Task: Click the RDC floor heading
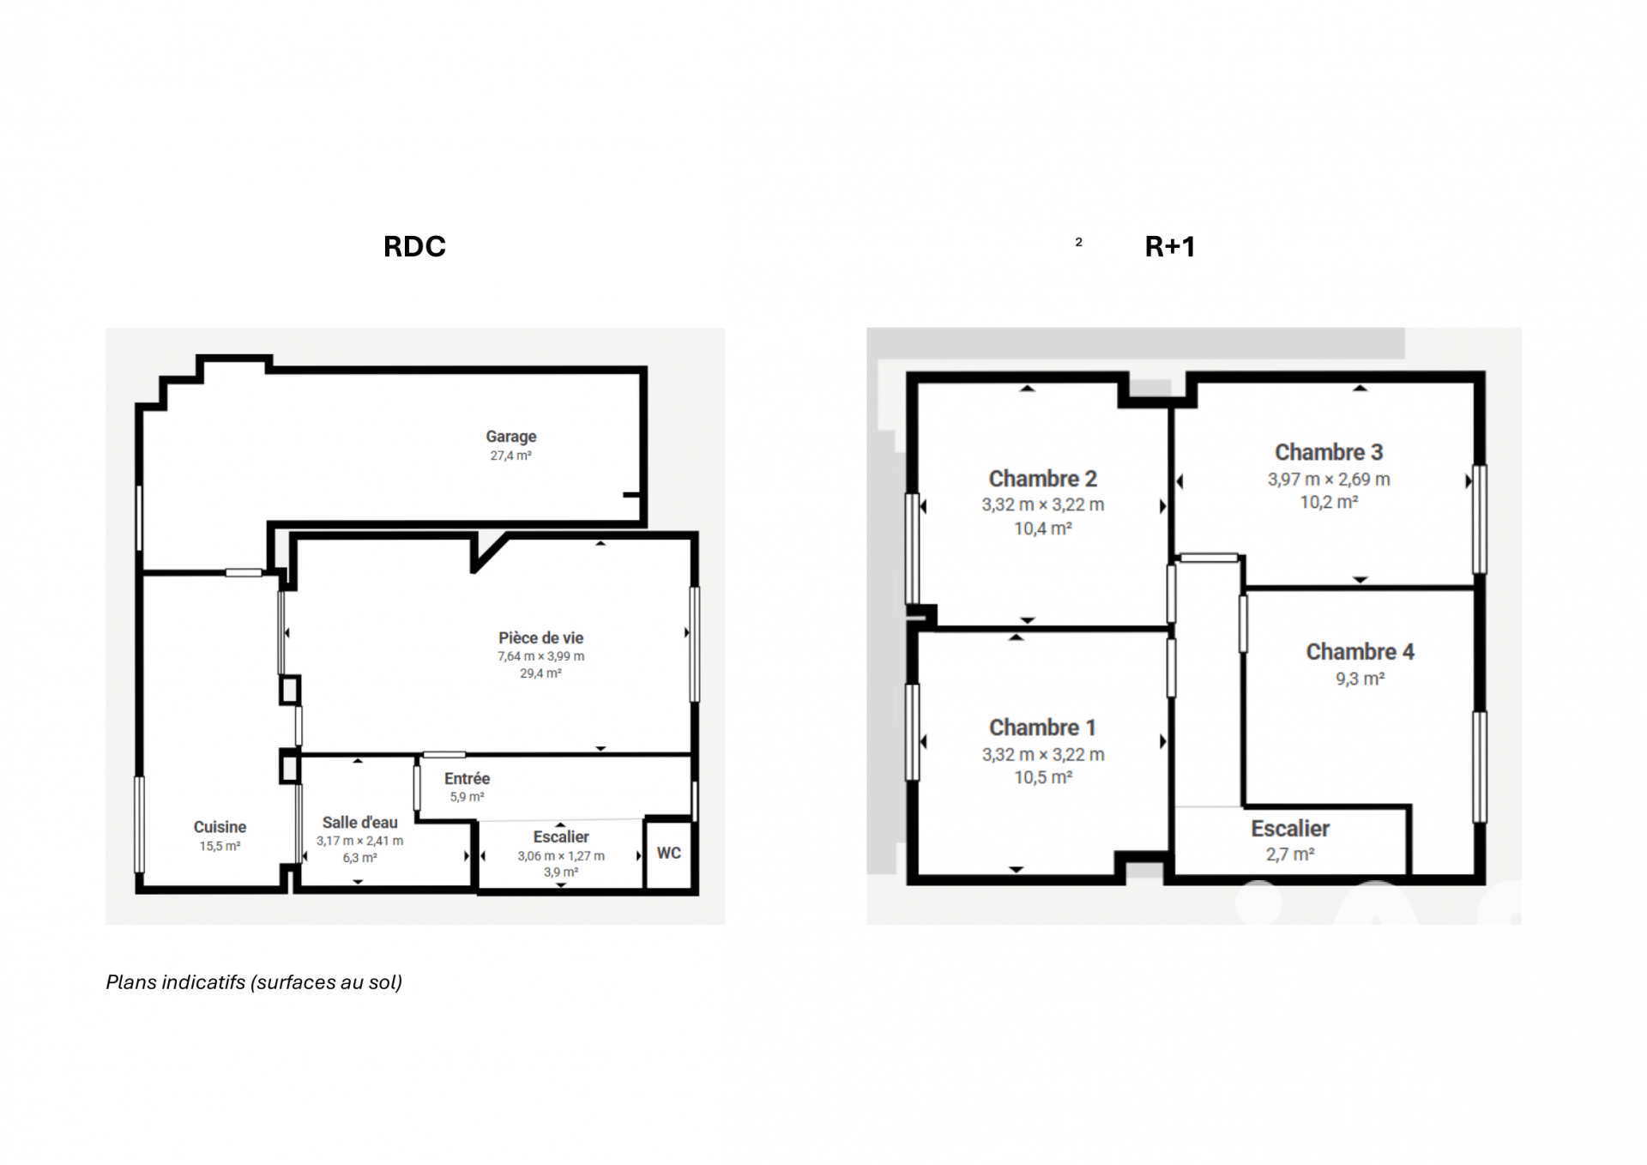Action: point(414,247)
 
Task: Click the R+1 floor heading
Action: point(1170,247)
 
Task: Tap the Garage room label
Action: point(511,437)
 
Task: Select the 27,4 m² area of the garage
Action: point(511,456)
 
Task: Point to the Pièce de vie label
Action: point(541,638)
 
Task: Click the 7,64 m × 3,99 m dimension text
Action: point(541,656)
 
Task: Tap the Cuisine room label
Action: point(220,827)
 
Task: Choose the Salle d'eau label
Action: point(360,823)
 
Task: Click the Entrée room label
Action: point(468,779)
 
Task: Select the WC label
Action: point(669,853)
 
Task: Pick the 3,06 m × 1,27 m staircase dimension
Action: point(561,856)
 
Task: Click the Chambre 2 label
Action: point(1043,479)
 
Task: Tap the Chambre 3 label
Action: point(1329,452)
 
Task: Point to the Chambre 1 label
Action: point(1043,727)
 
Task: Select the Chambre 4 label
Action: point(1360,652)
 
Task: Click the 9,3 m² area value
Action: point(1360,679)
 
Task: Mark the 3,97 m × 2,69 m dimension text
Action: point(1329,480)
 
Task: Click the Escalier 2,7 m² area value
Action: point(1290,854)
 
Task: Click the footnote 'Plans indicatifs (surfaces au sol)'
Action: point(254,982)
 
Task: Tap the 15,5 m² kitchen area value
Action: point(220,847)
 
